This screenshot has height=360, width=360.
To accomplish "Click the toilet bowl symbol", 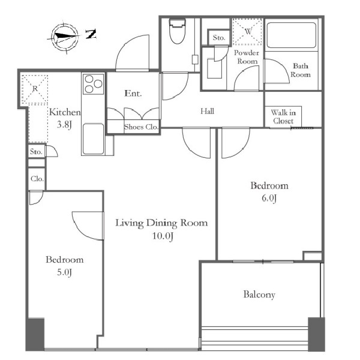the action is [177, 31].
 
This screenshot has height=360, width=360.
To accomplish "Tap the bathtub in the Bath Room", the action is [292, 35].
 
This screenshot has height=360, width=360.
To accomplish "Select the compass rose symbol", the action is [65, 37].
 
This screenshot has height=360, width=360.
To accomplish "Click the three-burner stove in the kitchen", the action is [94, 84].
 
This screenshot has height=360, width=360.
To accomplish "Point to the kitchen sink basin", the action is [93, 139].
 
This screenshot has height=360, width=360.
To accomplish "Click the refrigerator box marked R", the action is [35, 89].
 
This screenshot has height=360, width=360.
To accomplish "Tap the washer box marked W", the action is [247, 31].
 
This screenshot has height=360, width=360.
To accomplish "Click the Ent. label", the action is [133, 93].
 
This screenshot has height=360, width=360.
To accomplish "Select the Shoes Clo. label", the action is [141, 127].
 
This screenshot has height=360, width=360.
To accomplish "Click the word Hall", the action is [208, 111].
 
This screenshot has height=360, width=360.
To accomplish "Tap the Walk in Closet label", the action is [283, 116].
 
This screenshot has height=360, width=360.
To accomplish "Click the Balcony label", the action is [259, 295].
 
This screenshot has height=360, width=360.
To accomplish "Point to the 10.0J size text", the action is [163, 236].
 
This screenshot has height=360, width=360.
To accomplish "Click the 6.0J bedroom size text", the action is [269, 198].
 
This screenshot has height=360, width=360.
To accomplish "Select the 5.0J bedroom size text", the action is [65, 272].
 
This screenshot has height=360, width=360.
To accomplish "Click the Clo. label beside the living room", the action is [37, 179].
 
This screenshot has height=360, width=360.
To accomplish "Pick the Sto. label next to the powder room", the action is [219, 37].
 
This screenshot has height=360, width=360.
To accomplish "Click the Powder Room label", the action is [247, 57].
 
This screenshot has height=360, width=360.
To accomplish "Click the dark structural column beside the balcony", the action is [316, 334].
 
